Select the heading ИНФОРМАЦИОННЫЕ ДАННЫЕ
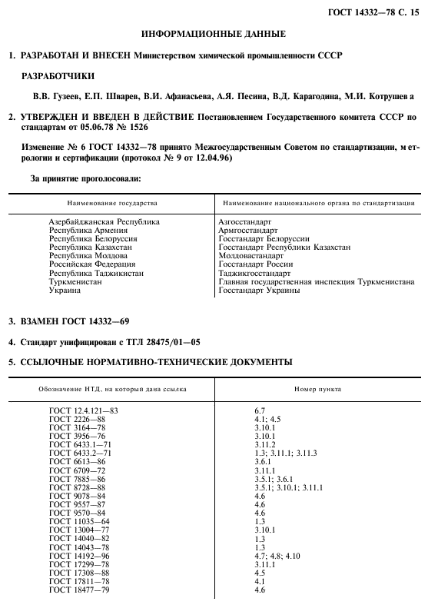click(x=214, y=34)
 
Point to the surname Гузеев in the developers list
click(x=68, y=96)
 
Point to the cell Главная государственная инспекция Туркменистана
click(x=316, y=281)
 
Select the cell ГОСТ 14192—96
click(x=80, y=556)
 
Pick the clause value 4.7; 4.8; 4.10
click(x=277, y=556)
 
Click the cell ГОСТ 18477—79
click(x=80, y=590)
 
